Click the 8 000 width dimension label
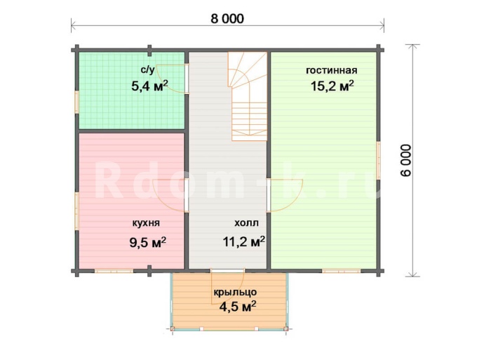pos(227,18)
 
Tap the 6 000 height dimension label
pos(406,160)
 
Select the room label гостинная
pos(332,70)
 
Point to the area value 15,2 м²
pos(332,86)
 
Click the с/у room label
pos(147,70)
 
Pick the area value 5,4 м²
pos(149,86)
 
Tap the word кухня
pos(146,223)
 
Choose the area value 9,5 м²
pos(148,243)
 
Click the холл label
pos(246,223)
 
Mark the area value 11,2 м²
pos(244,241)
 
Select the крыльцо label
pos(235,292)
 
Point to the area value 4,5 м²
pos(237,307)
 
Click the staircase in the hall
pos(248,96)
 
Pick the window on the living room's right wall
pos(379,161)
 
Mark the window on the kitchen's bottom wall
pos(114,271)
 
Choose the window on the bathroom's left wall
pos(77,102)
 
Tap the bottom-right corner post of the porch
pos(285,329)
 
